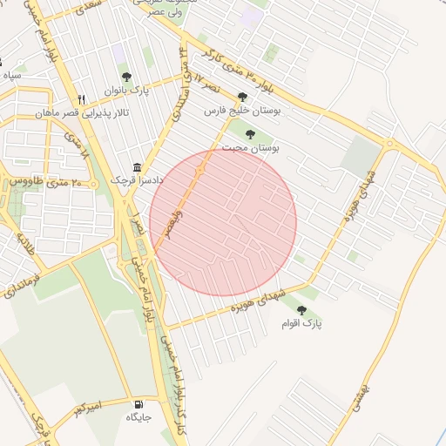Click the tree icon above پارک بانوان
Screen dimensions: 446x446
(126, 77)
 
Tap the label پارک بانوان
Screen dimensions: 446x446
(128, 91)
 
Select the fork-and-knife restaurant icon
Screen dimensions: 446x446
(82, 99)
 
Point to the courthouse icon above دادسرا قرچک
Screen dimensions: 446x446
(137, 166)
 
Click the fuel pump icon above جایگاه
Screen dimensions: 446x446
(139, 404)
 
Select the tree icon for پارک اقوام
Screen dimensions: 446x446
(301, 309)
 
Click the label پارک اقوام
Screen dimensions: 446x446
(301, 323)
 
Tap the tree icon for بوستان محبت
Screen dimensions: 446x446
(251, 134)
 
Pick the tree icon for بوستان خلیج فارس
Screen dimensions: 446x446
(243, 97)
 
